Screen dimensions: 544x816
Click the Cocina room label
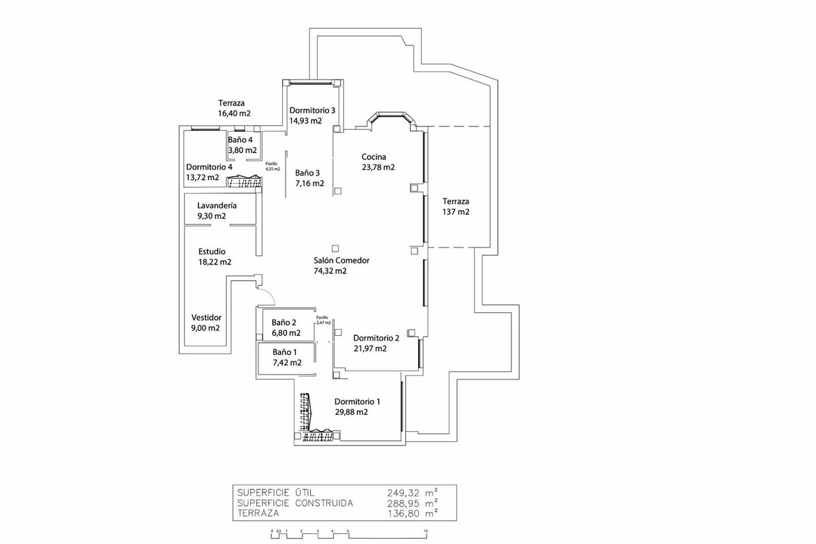[374, 157]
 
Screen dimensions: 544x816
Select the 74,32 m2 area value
[330, 271]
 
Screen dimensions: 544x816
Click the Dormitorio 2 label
[376, 338]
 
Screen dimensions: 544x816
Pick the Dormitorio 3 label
[312, 110]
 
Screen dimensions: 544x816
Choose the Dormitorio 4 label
[209, 167]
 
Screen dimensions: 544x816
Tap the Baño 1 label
[285, 352]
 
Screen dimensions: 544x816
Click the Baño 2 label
[285, 323]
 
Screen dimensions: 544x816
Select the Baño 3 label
[308, 173]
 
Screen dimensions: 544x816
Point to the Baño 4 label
[241, 140]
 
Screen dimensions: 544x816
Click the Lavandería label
[217, 205]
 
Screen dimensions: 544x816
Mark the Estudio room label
[211, 251]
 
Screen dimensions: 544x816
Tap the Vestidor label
[207, 318]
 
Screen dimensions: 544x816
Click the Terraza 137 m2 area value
[456, 212]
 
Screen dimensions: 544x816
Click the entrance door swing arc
[271, 296]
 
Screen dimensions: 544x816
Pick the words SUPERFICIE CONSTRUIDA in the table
[294, 503]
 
